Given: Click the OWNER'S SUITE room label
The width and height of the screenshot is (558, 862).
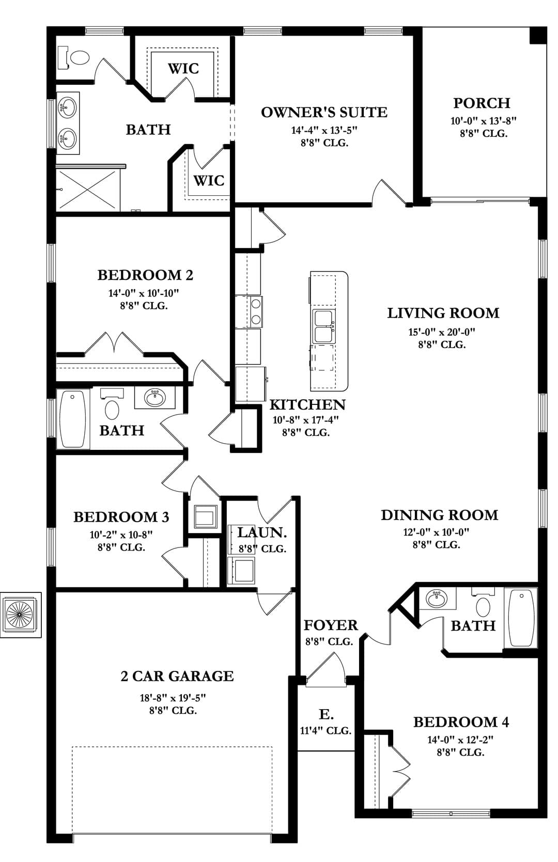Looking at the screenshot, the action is click(x=324, y=113).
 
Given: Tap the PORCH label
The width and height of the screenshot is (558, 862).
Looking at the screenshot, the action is click(x=482, y=103).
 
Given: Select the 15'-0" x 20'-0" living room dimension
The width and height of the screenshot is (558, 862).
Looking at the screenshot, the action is click(x=442, y=332).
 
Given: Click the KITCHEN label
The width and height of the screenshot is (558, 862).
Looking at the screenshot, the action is click(x=307, y=405).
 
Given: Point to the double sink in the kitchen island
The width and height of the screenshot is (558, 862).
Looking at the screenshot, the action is click(x=323, y=326).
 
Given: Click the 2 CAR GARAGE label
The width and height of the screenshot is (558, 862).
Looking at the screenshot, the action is click(x=177, y=676).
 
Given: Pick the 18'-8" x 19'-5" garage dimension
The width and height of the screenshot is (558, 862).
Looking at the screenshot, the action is click(x=173, y=698).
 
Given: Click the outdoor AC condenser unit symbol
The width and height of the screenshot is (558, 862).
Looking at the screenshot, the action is click(x=21, y=615).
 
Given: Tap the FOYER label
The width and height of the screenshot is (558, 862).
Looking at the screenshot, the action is click(x=331, y=625).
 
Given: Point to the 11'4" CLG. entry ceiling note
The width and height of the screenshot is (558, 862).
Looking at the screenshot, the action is click(x=326, y=730).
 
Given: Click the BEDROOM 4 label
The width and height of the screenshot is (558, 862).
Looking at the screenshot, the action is click(x=461, y=723).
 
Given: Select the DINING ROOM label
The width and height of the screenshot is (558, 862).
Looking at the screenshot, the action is click(x=439, y=515).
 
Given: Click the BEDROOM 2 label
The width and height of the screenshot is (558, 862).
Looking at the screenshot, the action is click(x=145, y=275).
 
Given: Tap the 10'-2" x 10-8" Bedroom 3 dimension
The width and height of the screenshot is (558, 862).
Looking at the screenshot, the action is click(x=121, y=535).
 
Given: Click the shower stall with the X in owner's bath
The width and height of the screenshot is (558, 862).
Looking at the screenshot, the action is click(x=88, y=190).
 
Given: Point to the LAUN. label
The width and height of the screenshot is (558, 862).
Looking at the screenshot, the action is click(x=262, y=532).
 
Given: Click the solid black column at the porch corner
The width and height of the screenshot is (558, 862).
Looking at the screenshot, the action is click(x=538, y=36).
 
